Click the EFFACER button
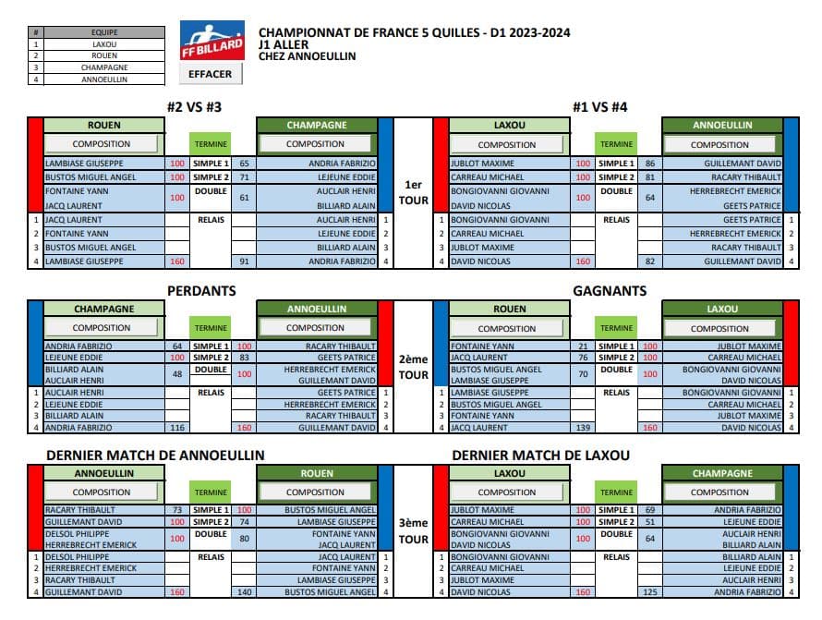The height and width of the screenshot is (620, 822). pos(211,73)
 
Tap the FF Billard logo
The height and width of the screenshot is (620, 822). pos(212,41)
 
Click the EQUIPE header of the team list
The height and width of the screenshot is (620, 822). pos(104,31)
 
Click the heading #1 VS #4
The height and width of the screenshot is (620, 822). pos(600,106)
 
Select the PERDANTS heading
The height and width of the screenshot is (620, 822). pos(201,290)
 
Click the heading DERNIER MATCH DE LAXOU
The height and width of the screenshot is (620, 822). pos(541,455)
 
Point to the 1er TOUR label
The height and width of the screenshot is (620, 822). pos(413,192)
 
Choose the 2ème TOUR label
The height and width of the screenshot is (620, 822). pos(413,368)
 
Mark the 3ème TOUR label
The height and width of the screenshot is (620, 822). pos(413,530)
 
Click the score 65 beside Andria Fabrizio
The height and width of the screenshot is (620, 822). pos(245,163)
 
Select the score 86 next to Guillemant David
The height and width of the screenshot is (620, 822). pos(650,163)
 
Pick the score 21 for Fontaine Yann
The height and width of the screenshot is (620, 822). pos(583,346)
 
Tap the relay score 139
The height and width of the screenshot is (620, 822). pos(583,427)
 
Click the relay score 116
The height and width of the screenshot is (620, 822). pos(177,427)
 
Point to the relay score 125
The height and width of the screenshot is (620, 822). pos(650,591)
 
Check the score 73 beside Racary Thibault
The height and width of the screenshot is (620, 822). pos(177,510)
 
